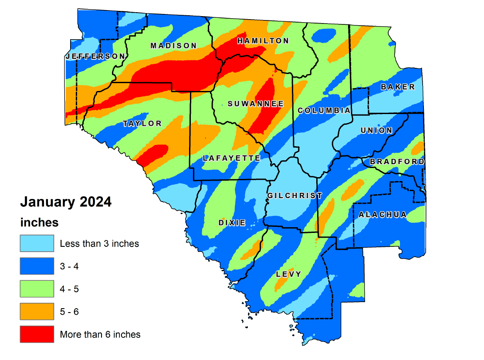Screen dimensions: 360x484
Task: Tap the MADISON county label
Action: click(173, 46)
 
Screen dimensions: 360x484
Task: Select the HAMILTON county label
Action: click(263, 41)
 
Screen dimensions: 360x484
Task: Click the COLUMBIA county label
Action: click(324, 111)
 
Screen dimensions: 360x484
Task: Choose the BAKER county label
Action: click(398, 87)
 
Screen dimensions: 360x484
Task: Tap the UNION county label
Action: click(376, 131)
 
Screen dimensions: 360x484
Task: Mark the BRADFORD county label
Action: click(397, 162)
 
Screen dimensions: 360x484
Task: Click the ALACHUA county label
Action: click(382, 215)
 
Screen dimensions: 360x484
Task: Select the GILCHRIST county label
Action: click(294, 196)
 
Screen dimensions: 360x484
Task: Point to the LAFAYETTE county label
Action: click(231, 158)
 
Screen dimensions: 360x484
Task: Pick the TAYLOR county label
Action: click(142, 124)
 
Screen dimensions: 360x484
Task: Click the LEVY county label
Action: click(288, 274)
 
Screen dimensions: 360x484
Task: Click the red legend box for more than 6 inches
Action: click(37, 334)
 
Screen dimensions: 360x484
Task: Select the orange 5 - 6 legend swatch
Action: click(37, 312)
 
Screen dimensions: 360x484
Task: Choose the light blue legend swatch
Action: click(37, 243)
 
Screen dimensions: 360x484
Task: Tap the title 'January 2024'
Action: click(66, 202)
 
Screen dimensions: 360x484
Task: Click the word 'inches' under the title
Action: click(39, 222)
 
